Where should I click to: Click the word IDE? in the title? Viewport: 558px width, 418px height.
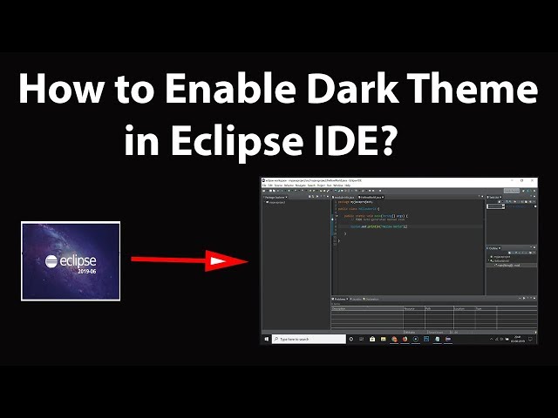[x=358, y=139]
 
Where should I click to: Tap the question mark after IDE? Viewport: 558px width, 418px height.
[x=387, y=139]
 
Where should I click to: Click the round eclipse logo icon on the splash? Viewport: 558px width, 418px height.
[x=51, y=260]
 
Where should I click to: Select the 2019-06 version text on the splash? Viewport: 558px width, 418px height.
[x=85, y=271]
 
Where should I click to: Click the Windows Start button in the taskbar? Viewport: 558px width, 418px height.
[x=265, y=339]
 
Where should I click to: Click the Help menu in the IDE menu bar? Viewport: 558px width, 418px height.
[x=347, y=185]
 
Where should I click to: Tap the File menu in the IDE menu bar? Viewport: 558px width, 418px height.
[x=263, y=185]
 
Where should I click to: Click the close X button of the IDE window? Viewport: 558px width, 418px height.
[x=535, y=180]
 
